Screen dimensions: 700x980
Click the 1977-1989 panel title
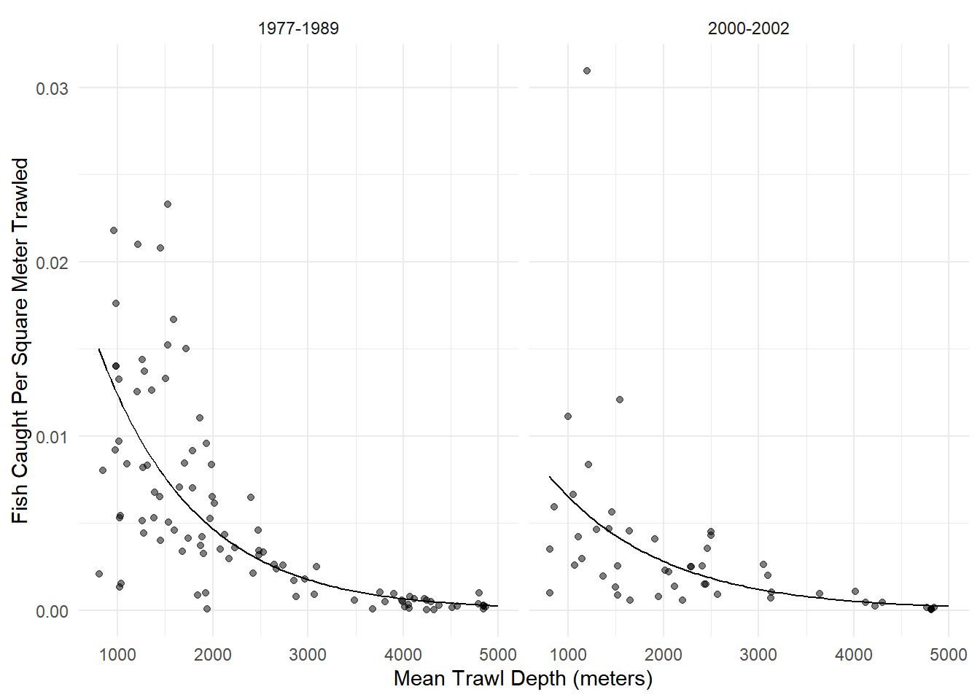[298, 28]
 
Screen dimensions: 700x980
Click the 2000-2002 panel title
[748, 28]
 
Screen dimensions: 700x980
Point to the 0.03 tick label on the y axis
[52, 88]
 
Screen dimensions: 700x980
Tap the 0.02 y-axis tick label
[52, 262]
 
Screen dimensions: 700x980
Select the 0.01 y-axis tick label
[52, 437]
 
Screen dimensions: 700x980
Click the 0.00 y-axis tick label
[52, 611]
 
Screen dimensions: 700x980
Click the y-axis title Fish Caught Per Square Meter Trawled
[20, 341]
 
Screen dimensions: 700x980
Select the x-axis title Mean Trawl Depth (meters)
[523, 679]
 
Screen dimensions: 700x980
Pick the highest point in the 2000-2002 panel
[587, 71]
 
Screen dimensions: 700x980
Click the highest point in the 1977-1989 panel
[168, 204]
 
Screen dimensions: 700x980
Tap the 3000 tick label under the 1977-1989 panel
[308, 654]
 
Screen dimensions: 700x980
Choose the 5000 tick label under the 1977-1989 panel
[498, 654]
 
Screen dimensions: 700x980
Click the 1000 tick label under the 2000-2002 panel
[568, 654]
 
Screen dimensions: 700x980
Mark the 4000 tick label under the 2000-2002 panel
[854, 654]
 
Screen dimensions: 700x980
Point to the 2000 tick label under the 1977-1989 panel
[212, 654]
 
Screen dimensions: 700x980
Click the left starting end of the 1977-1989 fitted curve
[99, 349]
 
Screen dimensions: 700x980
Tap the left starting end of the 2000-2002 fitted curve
[550, 477]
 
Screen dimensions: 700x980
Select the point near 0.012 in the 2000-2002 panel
[620, 400]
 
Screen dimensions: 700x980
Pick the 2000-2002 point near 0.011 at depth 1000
[568, 416]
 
